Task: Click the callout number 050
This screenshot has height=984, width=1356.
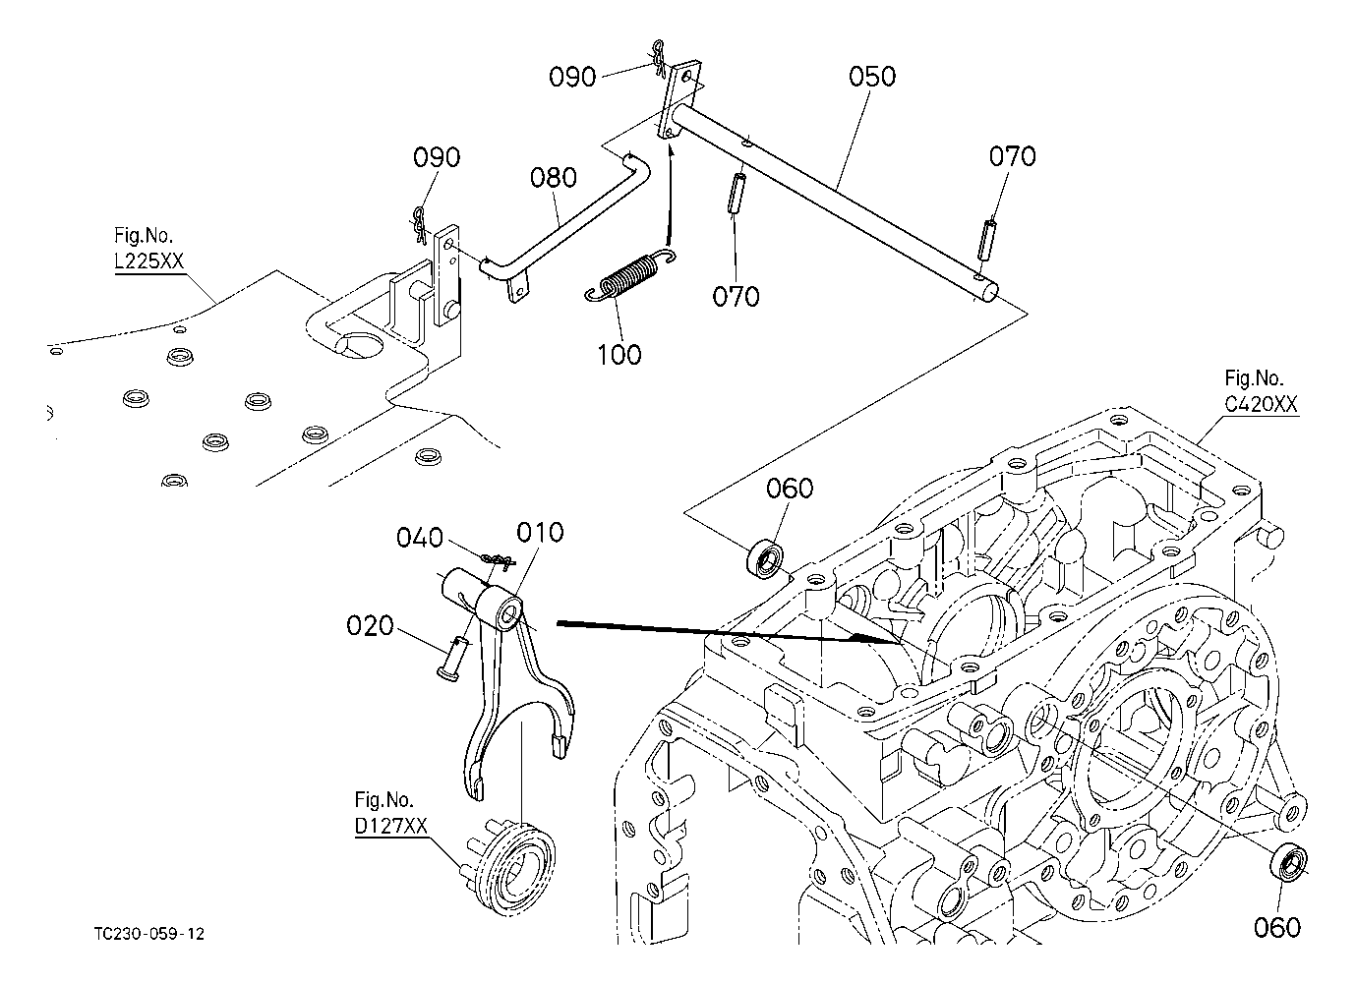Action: (x=873, y=76)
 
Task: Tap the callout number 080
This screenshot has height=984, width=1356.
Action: (x=553, y=178)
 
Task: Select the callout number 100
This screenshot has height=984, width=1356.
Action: (x=619, y=354)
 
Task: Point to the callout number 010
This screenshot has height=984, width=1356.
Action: (x=541, y=533)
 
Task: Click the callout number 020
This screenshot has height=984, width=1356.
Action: (x=370, y=625)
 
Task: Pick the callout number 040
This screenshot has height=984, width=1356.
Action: (x=419, y=538)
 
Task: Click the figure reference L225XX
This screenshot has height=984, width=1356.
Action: (x=149, y=263)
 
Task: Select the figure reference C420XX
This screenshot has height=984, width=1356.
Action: (x=1262, y=404)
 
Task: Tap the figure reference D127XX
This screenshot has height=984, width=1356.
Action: (x=391, y=827)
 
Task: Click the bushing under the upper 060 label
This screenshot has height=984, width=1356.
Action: (x=767, y=559)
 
